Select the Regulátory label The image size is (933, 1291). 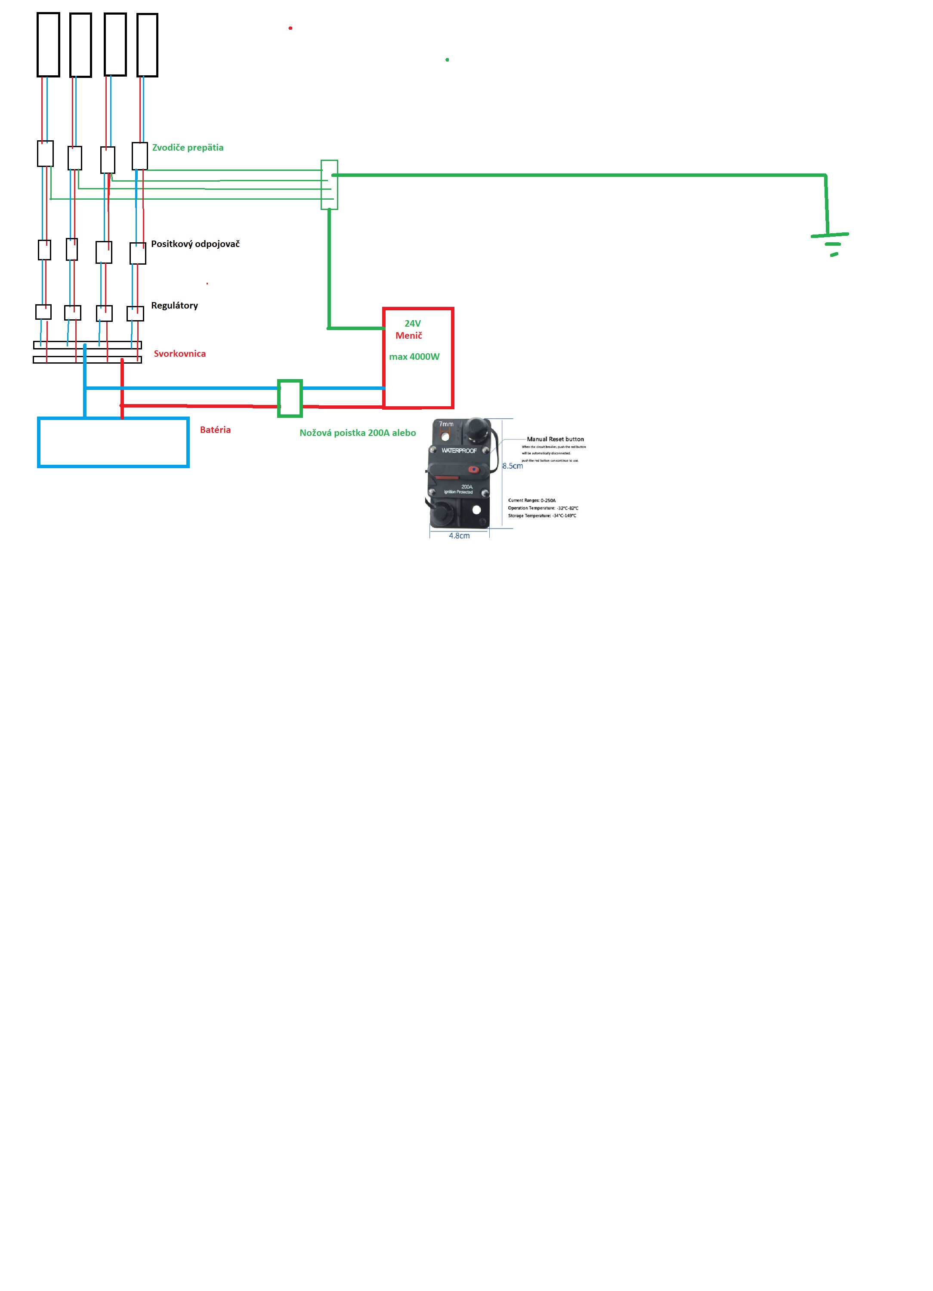click(x=174, y=305)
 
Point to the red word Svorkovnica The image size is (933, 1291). click(x=179, y=353)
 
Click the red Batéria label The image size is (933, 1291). click(x=215, y=430)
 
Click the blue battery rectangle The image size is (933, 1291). click(x=113, y=443)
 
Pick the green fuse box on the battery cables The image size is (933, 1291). click(x=290, y=398)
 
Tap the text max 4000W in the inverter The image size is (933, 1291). click(x=414, y=357)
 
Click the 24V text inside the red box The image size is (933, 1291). click(x=412, y=323)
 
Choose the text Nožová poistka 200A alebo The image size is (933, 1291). click(x=358, y=432)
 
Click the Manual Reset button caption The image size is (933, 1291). click(x=555, y=439)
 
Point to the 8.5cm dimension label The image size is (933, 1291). click(x=512, y=466)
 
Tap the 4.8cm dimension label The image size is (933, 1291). click(x=459, y=536)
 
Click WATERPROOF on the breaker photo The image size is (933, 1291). click(x=459, y=450)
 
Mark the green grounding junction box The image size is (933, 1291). click(x=329, y=185)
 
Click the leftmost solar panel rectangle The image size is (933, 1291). click(x=48, y=44)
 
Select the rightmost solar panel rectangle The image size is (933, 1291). click(x=148, y=45)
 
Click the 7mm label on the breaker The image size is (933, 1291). click(x=446, y=424)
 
